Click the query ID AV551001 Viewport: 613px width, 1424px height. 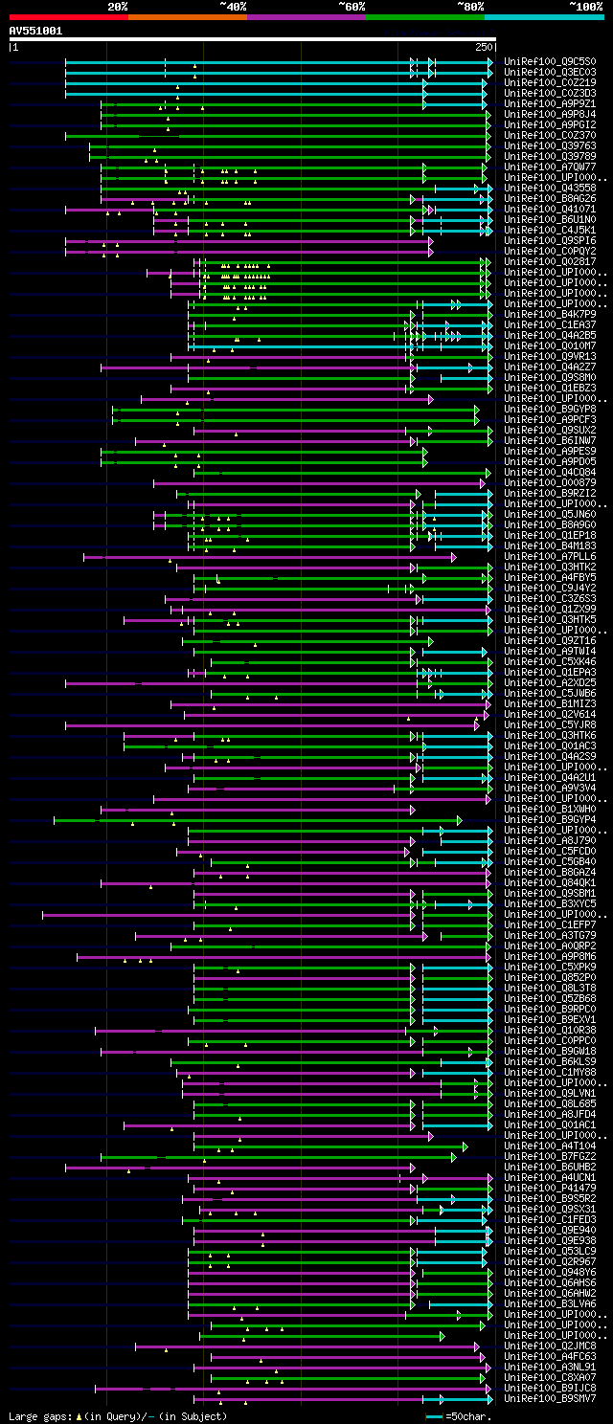[35, 31]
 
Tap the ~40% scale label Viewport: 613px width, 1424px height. [233, 6]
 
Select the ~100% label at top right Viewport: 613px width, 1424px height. [585, 6]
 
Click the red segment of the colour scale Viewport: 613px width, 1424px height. [68, 16]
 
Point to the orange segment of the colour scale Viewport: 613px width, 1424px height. [187, 16]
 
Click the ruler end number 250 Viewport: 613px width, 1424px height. [483, 46]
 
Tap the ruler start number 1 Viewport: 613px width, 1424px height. [14, 46]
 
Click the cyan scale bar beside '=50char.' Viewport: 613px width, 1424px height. [435, 1415]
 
